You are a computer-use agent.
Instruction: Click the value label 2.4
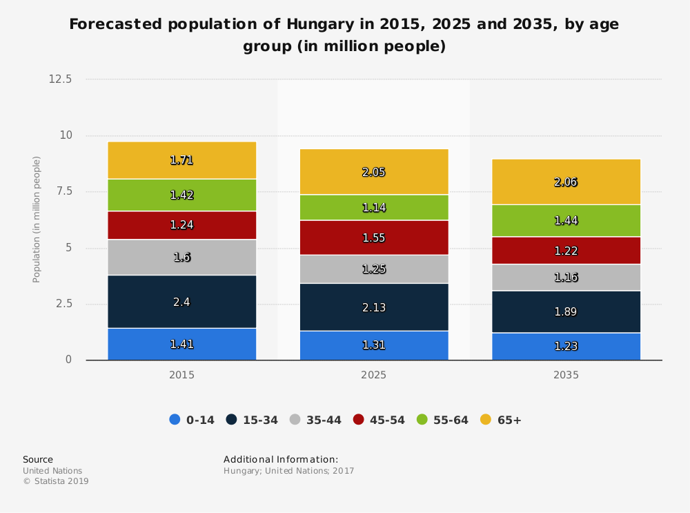(x=181, y=301)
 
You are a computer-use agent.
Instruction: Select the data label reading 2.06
(x=566, y=182)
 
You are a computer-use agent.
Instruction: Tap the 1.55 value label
(x=374, y=238)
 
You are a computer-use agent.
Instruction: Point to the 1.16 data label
(x=566, y=278)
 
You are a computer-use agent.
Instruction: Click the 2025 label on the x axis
(x=374, y=376)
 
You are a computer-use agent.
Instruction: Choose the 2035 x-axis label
(x=566, y=376)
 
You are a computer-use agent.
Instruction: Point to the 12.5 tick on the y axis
(x=60, y=79)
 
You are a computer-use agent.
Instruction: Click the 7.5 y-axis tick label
(x=63, y=192)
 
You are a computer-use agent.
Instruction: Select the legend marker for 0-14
(x=175, y=420)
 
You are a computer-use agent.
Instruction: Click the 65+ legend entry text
(x=509, y=420)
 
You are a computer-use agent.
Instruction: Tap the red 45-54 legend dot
(x=358, y=420)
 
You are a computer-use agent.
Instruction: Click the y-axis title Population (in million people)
(x=37, y=220)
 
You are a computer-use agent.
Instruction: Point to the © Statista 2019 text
(x=56, y=481)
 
